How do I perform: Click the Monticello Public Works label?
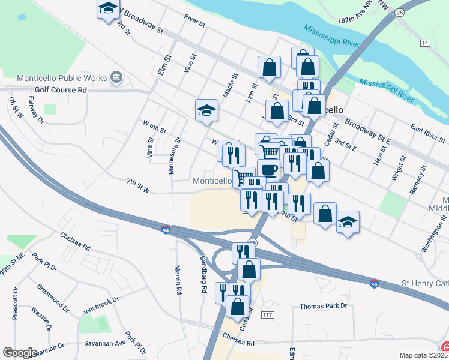[62, 78]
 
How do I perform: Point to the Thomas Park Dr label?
[324, 306]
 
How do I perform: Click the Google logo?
[20, 353]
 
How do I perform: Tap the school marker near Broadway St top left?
[108, 8]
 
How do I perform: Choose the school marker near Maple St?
[206, 110]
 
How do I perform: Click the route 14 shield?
[425, 43]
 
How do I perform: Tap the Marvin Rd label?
[178, 280]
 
